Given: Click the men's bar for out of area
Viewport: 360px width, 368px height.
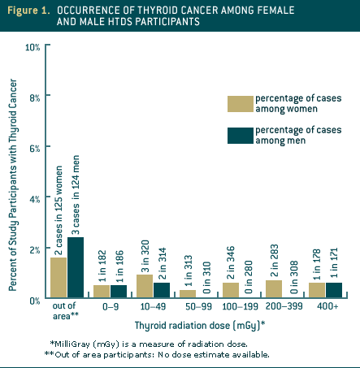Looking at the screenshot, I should pyautogui.click(x=75, y=268).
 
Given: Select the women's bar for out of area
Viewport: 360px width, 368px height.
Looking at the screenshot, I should pyautogui.click(x=59, y=278).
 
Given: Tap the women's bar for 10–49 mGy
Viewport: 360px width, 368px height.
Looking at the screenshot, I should pyautogui.click(x=145, y=287).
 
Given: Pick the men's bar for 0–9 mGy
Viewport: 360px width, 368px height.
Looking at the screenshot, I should pyautogui.click(x=118, y=292).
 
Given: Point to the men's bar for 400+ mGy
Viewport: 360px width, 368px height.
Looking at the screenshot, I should pyautogui.click(x=333, y=290).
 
